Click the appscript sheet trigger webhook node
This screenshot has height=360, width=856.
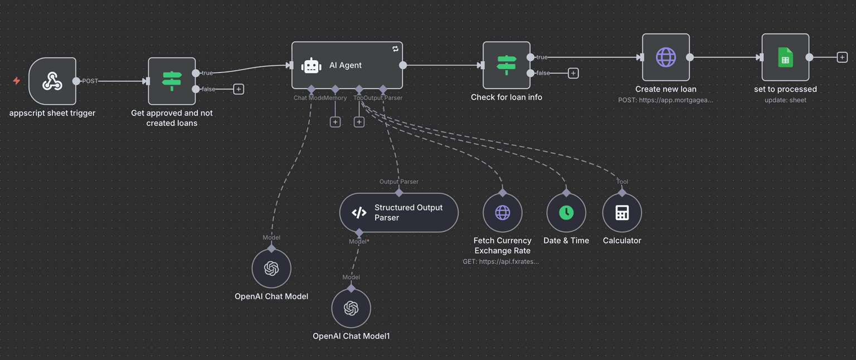(x=52, y=81)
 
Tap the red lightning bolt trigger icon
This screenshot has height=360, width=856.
(x=17, y=81)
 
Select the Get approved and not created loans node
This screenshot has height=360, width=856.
(x=172, y=81)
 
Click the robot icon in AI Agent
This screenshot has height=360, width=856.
(x=311, y=66)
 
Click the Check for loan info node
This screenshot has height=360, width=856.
(x=506, y=65)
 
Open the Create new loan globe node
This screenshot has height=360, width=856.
(x=665, y=57)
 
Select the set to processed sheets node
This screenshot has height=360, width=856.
(x=785, y=57)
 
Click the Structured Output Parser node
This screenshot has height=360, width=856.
(x=398, y=212)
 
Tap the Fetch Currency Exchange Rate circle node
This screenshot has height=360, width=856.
(x=502, y=212)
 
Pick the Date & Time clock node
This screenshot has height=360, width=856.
(x=566, y=212)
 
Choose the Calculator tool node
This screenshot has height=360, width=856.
(x=622, y=212)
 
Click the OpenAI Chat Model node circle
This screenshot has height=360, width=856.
(x=271, y=269)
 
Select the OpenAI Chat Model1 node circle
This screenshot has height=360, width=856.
(x=351, y=308)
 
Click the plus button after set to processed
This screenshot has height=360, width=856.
(x=842, y=57)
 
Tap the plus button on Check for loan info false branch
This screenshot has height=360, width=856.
(x=573, y=73)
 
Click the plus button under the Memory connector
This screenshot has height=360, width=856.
(x=335, y=121)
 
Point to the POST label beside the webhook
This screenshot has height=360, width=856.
(x=90, y=81)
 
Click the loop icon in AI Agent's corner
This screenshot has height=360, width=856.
(x=395, y=49)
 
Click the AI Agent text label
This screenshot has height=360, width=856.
(x=346, y=66)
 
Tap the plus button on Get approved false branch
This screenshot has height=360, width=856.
(x=239, y=89)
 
